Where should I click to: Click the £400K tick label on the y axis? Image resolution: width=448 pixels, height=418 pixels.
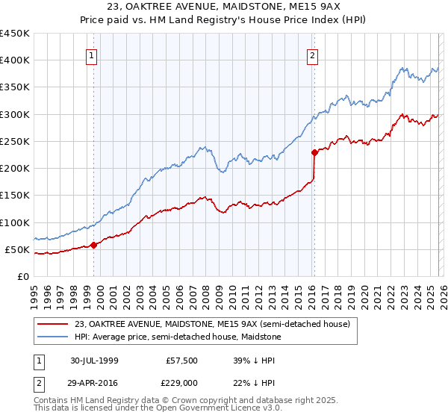15,60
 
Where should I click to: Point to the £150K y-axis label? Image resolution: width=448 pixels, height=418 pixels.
15,196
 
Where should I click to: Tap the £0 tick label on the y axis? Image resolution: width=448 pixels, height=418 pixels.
23,277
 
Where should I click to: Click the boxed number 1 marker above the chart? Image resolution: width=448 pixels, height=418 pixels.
91,54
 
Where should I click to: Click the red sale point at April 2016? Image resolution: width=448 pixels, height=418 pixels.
314,152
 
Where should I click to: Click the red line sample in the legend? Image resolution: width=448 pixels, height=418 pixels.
54,324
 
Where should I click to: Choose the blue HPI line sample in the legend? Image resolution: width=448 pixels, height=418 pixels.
54,337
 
